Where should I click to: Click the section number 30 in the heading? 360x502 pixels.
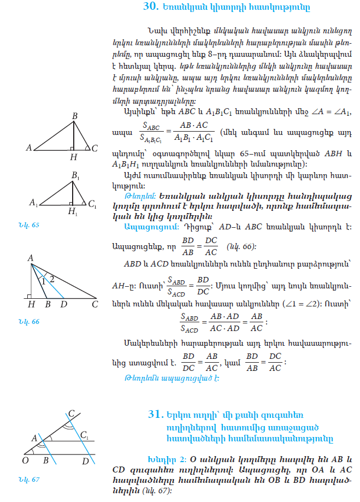pos(151,7)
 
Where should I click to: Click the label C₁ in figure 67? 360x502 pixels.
pos(85,435)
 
